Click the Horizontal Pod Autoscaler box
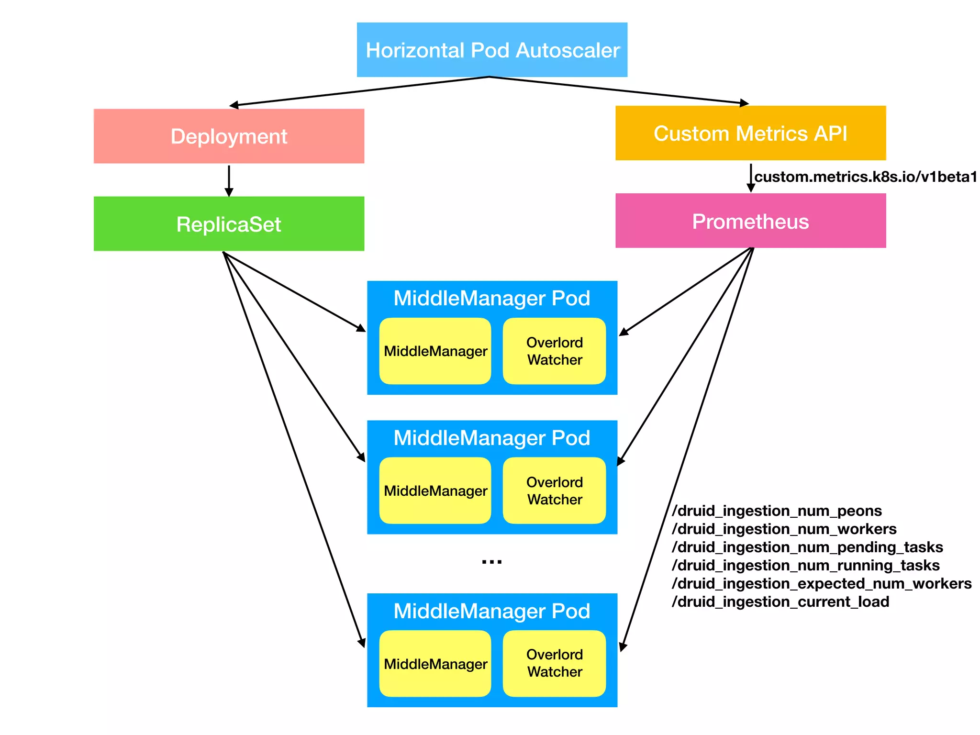coord(492,50)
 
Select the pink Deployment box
coord(229,136)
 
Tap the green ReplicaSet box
coord(229,224)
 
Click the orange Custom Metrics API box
coord(750,133)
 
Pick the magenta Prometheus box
coord(750,221)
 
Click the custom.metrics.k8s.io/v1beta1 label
coord(865,177)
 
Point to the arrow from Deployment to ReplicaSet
coord(229,180)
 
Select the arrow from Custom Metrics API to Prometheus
coord(751,178)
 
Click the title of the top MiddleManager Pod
coord(492,298)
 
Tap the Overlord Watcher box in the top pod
coord(554,351)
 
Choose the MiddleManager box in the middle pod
coord(435,490)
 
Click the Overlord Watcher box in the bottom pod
coord(554,663)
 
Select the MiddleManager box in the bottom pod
coord(435,664)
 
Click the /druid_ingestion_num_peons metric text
coord(777,511)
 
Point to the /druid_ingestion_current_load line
coord(780,601)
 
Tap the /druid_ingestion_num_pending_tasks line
coord(807,547)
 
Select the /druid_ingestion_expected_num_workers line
coord(822,583)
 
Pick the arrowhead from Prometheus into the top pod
coord(623,332)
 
